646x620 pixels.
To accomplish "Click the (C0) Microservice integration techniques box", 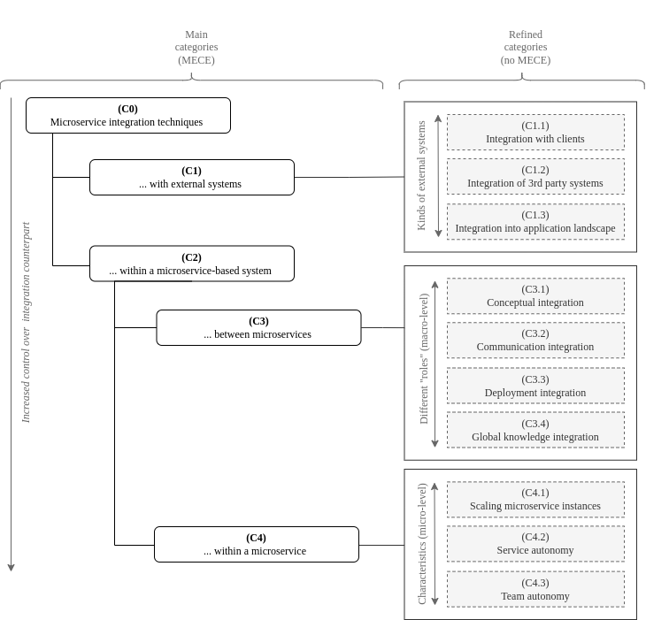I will pos(127,116).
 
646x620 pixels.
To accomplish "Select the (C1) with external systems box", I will pos(191,178).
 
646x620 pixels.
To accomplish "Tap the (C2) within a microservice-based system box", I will pos(191,264).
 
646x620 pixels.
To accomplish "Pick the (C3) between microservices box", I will pos(258,328).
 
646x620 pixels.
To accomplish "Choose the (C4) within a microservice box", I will pos(256,545).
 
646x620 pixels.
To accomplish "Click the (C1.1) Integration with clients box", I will pos(534,133).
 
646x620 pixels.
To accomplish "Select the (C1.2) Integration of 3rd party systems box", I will pos(534,177).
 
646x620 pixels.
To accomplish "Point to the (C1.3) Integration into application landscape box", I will pos(534,222).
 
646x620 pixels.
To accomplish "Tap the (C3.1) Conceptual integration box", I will pos(534,296).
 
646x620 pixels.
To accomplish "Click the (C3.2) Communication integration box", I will pos(534,341).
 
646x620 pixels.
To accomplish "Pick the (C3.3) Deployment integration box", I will pos(534,387).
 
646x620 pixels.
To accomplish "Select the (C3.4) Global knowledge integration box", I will pos(534,431).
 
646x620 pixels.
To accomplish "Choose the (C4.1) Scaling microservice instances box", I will pos(534,500).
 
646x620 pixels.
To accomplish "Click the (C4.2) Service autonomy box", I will pos(534,544).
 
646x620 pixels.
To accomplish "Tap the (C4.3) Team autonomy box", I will pos(534,590).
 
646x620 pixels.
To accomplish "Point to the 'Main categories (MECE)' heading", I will pos(196,48).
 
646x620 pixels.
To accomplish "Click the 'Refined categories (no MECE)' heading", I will pos(525,48).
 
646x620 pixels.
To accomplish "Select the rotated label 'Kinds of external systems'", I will pos(421,176).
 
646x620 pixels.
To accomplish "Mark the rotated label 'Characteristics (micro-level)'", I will pos(422,544).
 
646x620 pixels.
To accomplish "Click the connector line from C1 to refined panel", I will pos(349,178).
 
